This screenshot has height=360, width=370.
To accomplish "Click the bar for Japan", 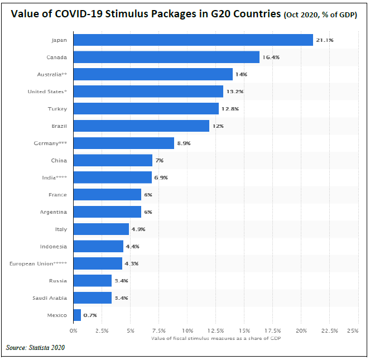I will pos(193,40).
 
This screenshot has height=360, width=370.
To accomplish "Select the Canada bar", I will pos(166,57).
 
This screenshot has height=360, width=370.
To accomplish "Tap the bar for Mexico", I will pos(77,315).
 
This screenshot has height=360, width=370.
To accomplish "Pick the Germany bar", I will pos(123,143).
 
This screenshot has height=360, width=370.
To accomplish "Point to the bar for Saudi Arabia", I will pos(93,298).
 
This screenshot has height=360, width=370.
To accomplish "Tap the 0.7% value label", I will pos(90,315).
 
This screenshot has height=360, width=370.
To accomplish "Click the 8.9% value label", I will pos(184,143).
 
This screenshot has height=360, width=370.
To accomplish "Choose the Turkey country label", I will pos(57,109).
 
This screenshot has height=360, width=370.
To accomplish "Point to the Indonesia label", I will pos(54,247).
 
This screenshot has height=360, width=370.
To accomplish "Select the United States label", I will pos(47,92).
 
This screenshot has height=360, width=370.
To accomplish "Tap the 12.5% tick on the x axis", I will pos(215,331).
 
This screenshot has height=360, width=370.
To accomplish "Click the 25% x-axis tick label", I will pos(352,331).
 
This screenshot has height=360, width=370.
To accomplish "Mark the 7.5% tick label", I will pos(158,331).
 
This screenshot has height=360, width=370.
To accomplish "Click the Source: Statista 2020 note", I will pos(35,348).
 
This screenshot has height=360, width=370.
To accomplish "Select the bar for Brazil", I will pos(141,126).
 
